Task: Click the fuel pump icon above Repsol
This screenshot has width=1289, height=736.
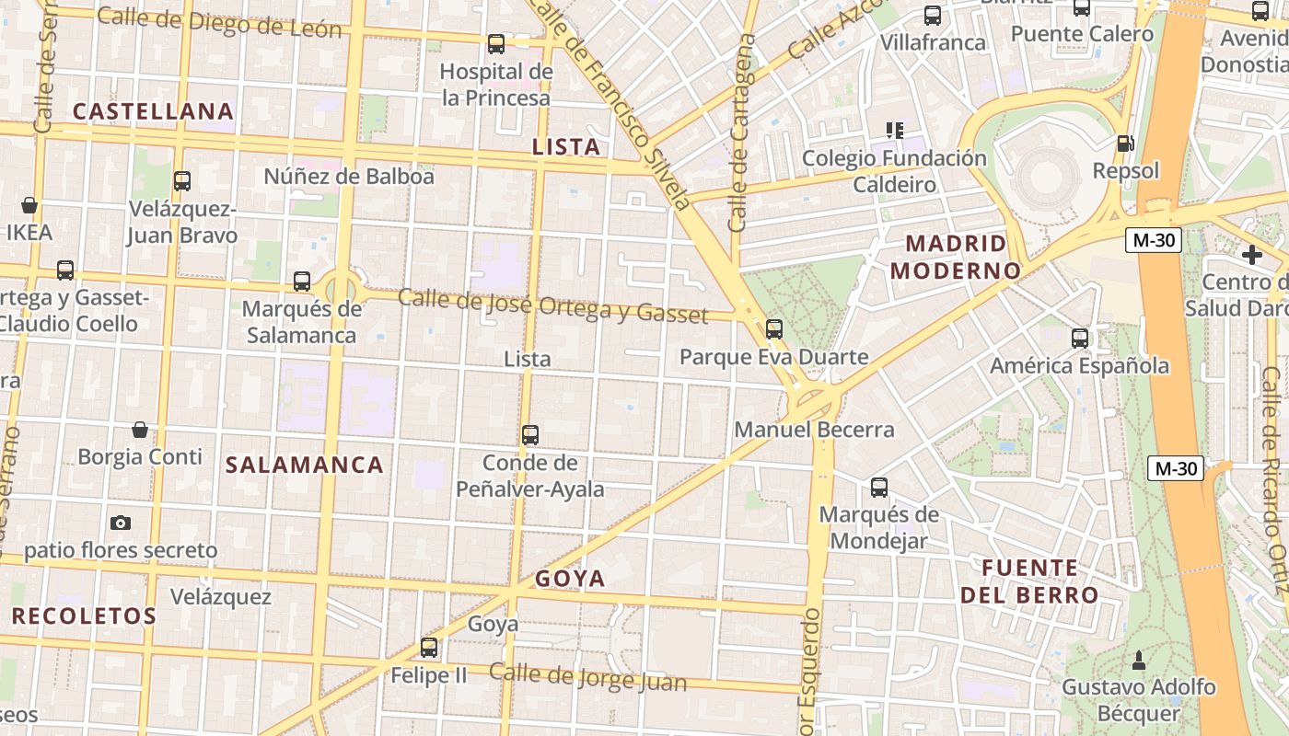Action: (x=1124, y=144)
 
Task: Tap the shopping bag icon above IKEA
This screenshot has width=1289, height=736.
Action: (x=29, y=204)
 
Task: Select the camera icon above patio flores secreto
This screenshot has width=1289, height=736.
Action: (x=121, y=523)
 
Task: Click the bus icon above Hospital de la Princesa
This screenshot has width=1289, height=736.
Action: (x=496, y=43)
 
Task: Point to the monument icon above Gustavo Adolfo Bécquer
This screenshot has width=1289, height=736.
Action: (x=1139, y=660)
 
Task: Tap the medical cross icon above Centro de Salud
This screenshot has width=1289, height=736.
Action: (x=1251, y=255)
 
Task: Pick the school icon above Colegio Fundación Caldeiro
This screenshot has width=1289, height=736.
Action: (x=894, y=130)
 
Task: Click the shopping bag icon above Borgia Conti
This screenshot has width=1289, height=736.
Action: (x=140, y=429)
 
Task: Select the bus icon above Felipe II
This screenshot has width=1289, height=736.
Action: (x=429, y=647)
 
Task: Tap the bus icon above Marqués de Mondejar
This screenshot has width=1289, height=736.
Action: (x=879, y=487)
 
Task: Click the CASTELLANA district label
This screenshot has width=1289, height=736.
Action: (x=153, y=112)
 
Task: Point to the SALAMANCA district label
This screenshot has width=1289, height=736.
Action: (x=305, y=465)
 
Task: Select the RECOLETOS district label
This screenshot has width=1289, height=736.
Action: (x=84, y=615)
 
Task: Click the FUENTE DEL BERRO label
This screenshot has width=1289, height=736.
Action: (x=1029, y=581)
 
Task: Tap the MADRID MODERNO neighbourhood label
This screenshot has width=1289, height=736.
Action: (x=957, y=257)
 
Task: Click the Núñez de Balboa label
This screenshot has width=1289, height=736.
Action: (x=349, y=176)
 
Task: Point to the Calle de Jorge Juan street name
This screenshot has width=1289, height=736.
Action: (x=587, y=677)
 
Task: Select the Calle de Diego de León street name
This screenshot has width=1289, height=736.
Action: (x=219, y=23)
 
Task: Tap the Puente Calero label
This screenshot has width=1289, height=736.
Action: (x=1082, y=34)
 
